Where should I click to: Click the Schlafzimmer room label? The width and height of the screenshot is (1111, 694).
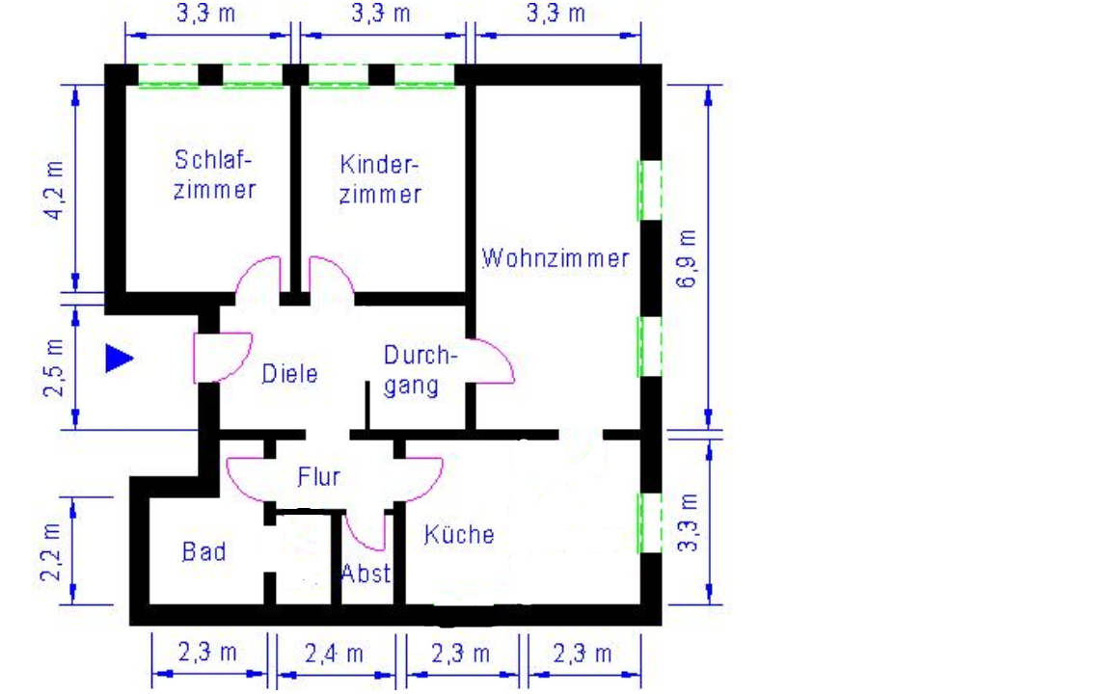tap(214, 174)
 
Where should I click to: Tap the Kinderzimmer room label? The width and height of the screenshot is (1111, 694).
tap(380, 179)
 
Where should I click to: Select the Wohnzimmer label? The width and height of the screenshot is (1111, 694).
tap(555, 257)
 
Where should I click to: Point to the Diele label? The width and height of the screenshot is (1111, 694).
tap(289, 373)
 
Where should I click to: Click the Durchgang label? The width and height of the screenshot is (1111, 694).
tap(418, 370)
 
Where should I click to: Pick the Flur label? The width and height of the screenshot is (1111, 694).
tap(319, 476)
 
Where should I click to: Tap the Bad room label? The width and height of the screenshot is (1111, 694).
tap(204, 551)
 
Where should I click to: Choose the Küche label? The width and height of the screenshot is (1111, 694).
tap(459, 534)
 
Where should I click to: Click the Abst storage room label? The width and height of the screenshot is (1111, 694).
tap(366, 573)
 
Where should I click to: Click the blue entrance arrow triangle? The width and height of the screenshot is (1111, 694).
tap(119, 359)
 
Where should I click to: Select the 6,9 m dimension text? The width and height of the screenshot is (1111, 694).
tap(686, 257)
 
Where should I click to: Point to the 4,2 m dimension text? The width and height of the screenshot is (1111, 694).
tap(55, 190)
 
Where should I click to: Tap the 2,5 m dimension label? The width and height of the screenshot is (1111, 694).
tap(54, 367)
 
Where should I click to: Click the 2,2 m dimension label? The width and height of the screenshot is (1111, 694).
tap(51, 552)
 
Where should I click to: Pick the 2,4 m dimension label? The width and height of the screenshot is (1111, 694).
tap(334, 654)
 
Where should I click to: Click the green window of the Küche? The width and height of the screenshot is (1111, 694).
tap(650, 523)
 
